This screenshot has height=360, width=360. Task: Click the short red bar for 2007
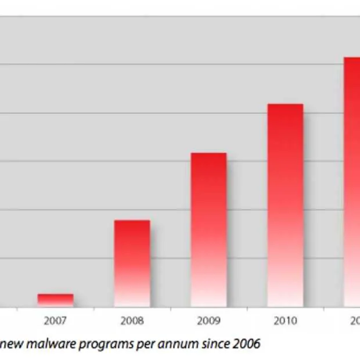point(56,300)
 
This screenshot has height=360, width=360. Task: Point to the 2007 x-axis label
point(56,320)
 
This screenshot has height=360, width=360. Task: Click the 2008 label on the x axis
point(132,320)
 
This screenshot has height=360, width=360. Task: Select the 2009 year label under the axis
point(209,320)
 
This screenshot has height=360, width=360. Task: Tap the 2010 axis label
point(285,320)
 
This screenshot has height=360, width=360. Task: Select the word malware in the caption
point(44,344)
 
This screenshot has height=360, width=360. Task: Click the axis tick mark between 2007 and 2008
point(94,310)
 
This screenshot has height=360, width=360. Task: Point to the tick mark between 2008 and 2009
point(171,310)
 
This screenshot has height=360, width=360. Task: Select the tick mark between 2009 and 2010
point(247,310)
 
